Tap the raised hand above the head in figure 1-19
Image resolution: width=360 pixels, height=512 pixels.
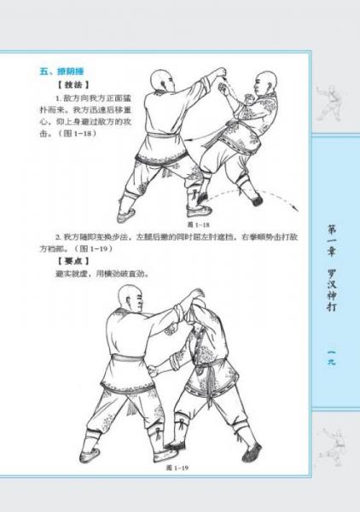coord(198,295)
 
